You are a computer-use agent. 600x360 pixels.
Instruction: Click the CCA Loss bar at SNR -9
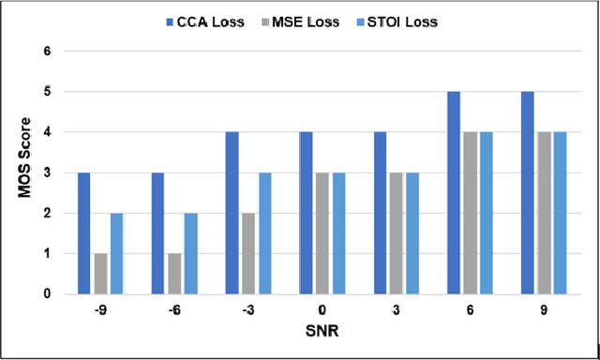(x=84, y=233)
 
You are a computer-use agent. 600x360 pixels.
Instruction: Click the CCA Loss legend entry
(x=198, y=19)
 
